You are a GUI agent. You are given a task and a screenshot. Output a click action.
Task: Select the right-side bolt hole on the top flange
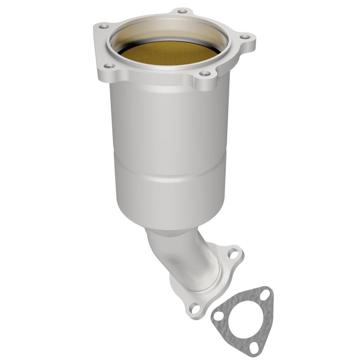(x=244, y=37)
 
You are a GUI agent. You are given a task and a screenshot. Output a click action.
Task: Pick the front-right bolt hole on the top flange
(x=205, y=73)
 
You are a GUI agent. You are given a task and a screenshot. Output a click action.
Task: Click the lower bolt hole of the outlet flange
(x=195, y=308)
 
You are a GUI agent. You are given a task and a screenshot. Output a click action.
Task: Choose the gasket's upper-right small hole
(x=265, y=293)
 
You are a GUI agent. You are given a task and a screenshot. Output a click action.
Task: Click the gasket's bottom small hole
(x=254, y=347)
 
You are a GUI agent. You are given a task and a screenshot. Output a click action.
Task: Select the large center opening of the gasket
(x=245, y=319)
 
